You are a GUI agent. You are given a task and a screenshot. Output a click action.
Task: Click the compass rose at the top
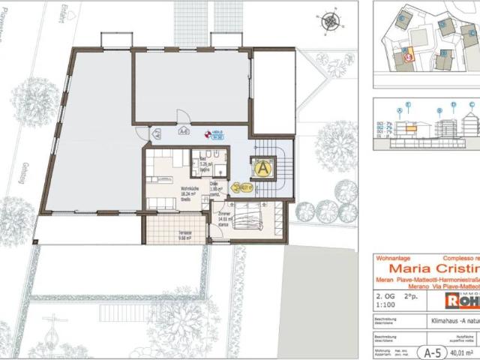point(328,22)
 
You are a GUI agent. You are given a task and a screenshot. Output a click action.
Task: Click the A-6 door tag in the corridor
point(183,131)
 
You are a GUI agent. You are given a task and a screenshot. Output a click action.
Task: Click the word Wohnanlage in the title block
point(389,257)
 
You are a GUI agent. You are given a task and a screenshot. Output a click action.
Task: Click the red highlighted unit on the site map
point(406,55)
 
